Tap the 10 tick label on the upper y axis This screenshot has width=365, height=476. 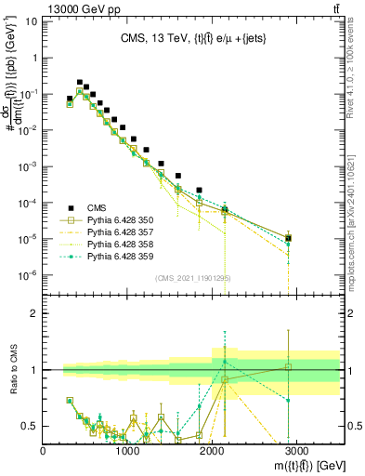tap(33, 58)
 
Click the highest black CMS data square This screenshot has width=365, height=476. tap(79, 82)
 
